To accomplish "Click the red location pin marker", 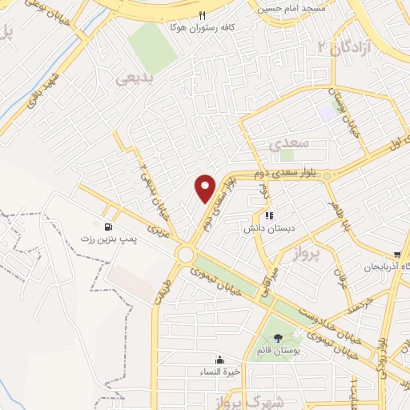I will point(206,188).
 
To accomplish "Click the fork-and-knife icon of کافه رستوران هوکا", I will point(203,15).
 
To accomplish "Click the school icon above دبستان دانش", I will point(268,215).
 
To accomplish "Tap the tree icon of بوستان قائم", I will point(278,337).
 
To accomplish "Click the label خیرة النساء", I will point(219,372).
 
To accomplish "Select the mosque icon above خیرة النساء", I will point(219,360).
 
